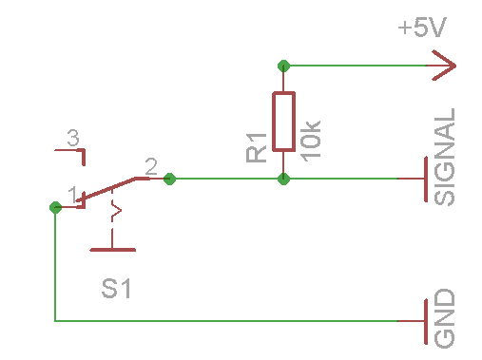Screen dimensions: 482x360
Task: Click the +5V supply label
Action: click(422, 28)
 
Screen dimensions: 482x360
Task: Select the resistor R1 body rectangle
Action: click(283, 122)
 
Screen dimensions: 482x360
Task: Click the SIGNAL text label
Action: click(445, 158)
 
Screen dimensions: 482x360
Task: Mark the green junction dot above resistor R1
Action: click(283, 66)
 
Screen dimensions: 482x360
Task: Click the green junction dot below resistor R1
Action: click(283, 179)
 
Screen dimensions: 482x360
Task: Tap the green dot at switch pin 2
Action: click(169, 179)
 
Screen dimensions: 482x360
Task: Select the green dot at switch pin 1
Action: click(55, 206)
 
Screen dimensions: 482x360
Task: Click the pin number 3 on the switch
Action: click(72, 139)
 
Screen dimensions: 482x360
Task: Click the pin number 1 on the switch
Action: click(72, 194)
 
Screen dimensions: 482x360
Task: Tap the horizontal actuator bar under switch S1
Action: click(112, 250)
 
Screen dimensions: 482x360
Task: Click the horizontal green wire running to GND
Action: click(238, 321)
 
